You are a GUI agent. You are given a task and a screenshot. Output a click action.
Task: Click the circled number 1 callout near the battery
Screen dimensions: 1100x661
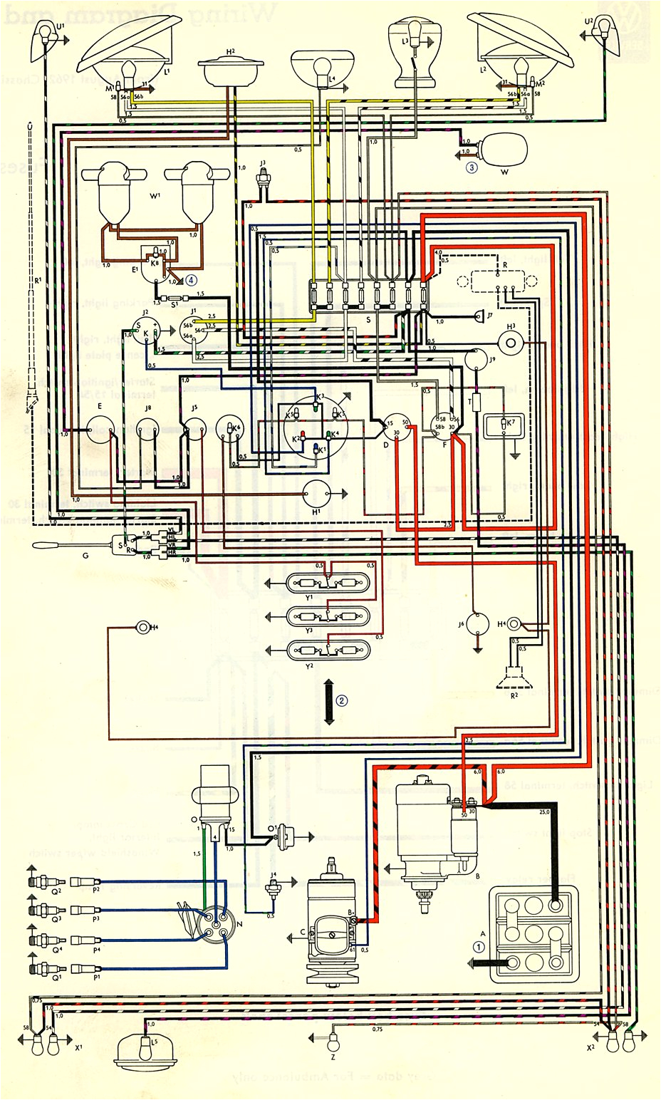coord(479,947)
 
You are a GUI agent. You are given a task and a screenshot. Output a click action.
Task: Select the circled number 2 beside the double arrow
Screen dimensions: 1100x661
coord(343,700)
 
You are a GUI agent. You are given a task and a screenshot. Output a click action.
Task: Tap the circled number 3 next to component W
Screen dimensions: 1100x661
coord(472,168)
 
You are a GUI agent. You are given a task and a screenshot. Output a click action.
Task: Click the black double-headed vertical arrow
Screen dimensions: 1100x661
coord(328,701)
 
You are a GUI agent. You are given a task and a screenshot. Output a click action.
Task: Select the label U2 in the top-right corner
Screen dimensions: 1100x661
coord(588,22)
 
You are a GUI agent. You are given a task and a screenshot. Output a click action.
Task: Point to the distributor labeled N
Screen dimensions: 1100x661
coord(214,923)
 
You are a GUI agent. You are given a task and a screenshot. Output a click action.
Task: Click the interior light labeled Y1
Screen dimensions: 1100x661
coord(328,583)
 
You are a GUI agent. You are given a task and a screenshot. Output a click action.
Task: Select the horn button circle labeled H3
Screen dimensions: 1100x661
coord(510,343)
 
